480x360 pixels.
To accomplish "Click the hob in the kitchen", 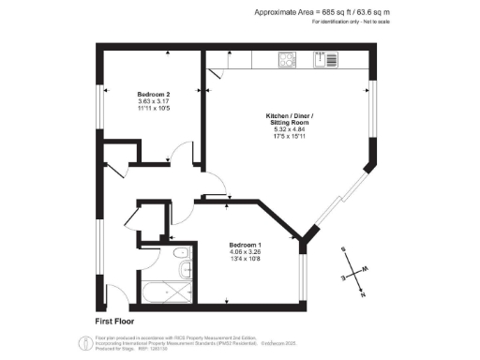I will (x=288, y=61).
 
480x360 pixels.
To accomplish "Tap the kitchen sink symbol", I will (x=326, y=61).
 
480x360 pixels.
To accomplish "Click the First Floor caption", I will (x=115, y=322).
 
